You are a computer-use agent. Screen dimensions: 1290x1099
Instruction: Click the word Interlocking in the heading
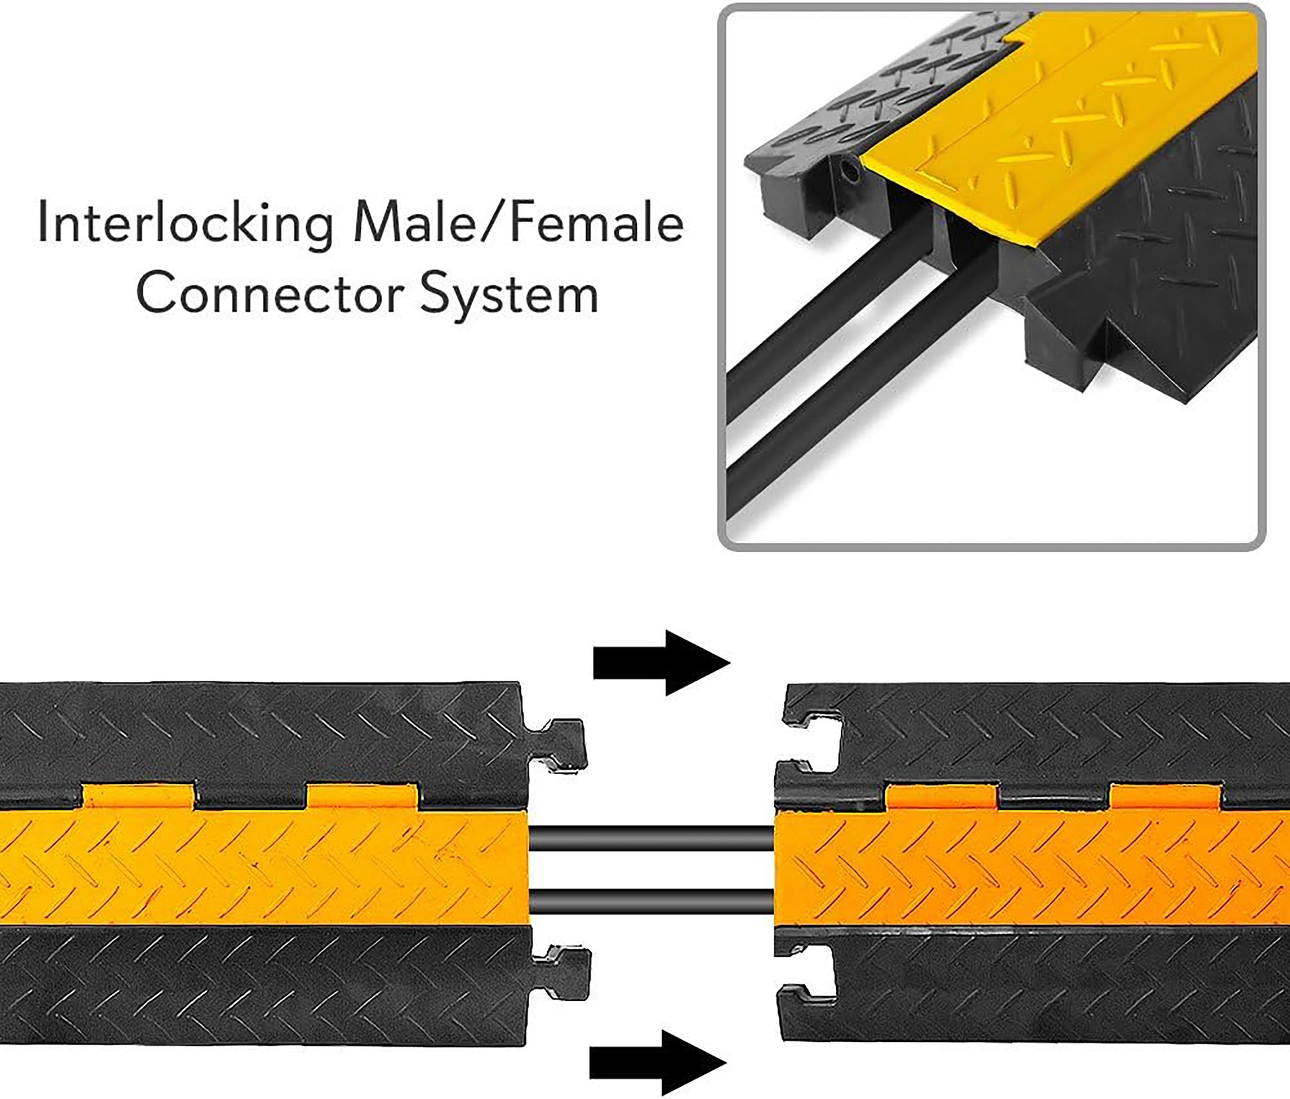tap(186, 225)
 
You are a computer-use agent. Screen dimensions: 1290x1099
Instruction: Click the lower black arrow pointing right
tap(658, 1063)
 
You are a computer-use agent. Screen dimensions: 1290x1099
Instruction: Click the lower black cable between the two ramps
tap(652, 901)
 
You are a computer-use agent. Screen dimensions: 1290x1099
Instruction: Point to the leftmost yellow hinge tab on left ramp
tap(138, 797)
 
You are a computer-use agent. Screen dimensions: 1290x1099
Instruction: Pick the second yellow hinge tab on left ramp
tap(362, 797)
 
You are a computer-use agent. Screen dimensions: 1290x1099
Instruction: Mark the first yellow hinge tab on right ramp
tap(942, 795)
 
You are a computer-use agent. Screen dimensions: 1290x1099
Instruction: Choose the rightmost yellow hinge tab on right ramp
tap(1165, 795)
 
